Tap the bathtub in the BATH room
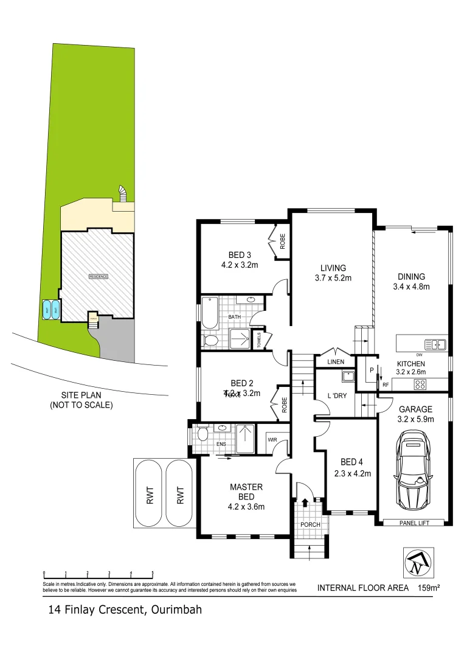(210, 313)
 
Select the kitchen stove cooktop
(420, 384)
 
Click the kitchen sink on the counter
(435, 344)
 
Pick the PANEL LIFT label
(417, 523)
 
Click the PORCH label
(310, 524)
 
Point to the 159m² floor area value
(429, 588)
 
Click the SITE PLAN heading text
(81, 395)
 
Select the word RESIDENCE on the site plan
(99, 276)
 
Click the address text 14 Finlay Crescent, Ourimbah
(125, 609)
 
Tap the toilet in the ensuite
(203, 435)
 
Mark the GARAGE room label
(415, 409)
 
